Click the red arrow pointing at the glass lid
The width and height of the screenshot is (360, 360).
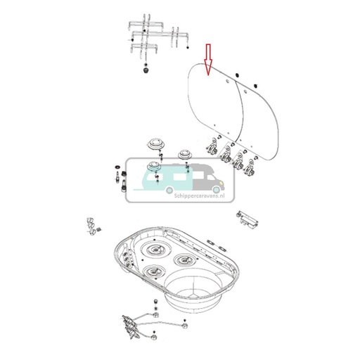[x=207, y=59]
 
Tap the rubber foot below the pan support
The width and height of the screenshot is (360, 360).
[x=146, y=70]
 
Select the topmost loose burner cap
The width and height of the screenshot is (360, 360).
[x=154, y=144]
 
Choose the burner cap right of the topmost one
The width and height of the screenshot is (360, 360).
[x=186, y=153]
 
